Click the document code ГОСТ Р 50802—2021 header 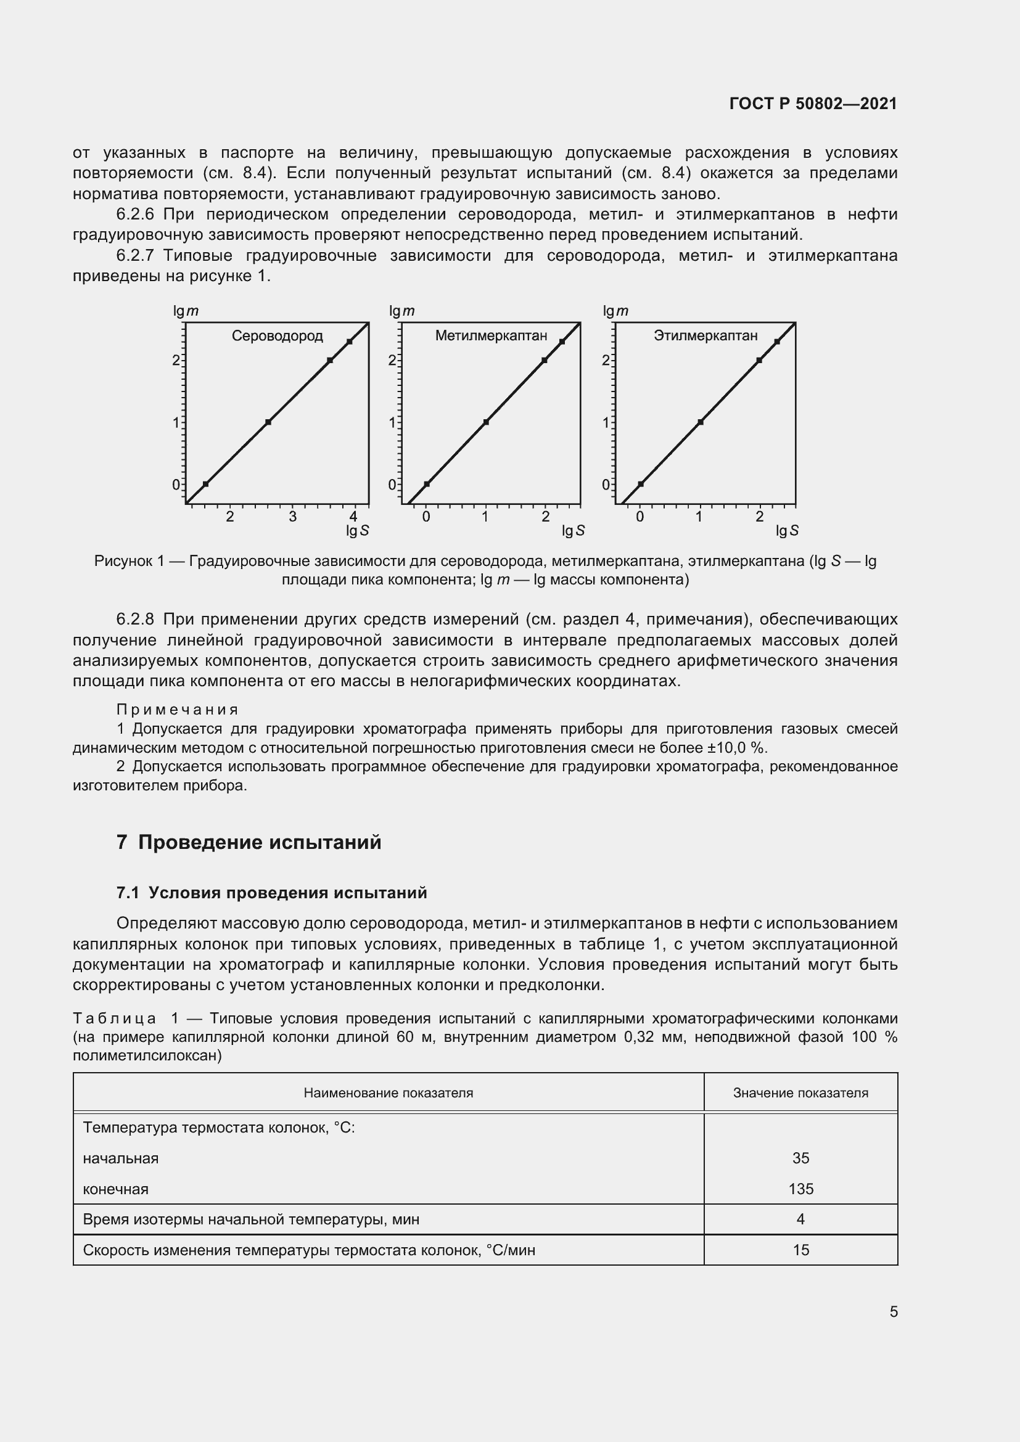click(813, 104)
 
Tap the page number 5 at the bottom click(893, 1312)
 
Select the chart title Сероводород click(277, 336)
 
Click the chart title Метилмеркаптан click(491, 336)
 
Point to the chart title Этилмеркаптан click(705, 336)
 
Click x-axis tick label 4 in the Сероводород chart click(353, 517)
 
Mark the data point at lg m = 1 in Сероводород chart click(268, 422)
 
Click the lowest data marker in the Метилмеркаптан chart click(427, 484)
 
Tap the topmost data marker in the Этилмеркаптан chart click(777, 342)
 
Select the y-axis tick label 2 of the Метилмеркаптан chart click(392, 361)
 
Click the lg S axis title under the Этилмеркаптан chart click(787, 531)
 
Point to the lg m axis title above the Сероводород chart click(186, 311)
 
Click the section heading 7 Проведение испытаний click(249, 842)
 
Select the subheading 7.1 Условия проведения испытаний click(271, 893)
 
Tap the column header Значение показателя click(800, 1093)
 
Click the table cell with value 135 click(800, 1189)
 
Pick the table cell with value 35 click(800, 1158)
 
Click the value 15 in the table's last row click(800, 1250)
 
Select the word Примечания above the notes click(177, 710)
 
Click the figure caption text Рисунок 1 click(129, 561)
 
